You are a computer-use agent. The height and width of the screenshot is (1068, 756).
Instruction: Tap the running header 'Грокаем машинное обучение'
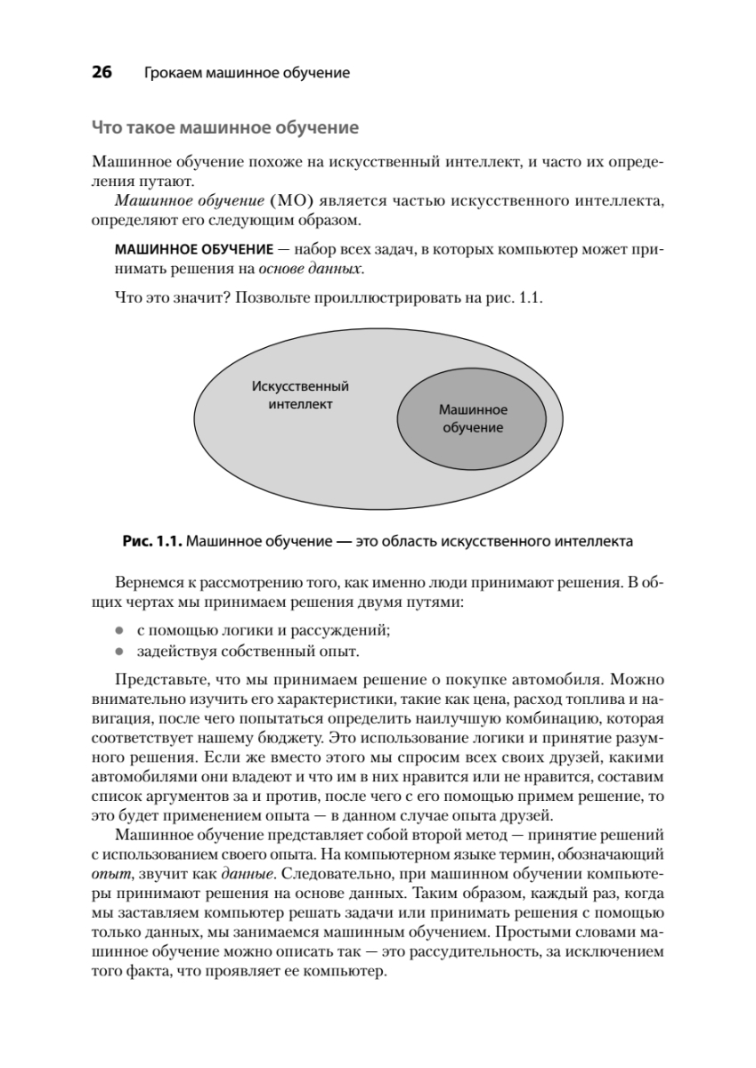click(246, 73)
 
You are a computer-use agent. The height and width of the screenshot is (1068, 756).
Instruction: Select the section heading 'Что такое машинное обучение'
click(225, 128)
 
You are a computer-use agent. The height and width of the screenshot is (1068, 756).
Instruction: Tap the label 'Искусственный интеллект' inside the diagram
click(300, 395)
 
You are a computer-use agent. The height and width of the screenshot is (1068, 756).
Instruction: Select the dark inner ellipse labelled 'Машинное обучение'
click(472, 418)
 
